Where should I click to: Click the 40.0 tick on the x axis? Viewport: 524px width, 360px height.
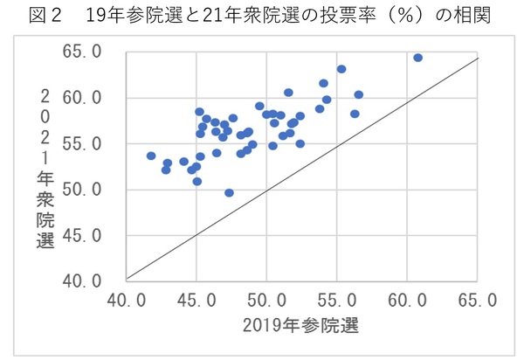[127, 300]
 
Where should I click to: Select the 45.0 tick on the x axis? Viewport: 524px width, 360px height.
[196, 300]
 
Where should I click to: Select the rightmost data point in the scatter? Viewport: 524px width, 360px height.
[417, 58]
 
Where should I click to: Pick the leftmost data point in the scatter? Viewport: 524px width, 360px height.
[151, 156]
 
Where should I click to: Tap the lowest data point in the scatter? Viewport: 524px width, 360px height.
[229, 193]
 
